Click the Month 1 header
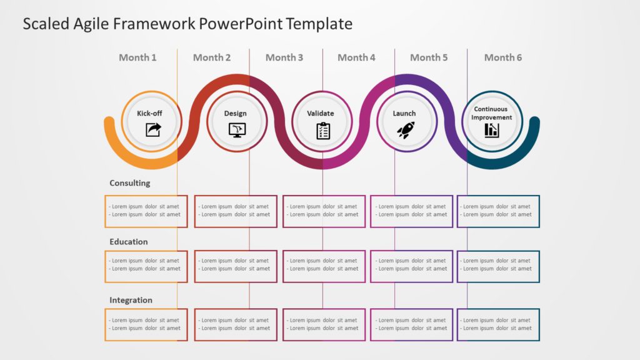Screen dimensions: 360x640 tap(137, 57)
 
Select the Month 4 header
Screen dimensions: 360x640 tap(356, 57)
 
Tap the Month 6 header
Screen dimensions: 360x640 tap(502, 57)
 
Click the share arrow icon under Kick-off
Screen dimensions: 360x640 tap(153, 129)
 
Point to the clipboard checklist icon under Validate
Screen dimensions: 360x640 tap(323, 130)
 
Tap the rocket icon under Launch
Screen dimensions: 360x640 tap(406, 129)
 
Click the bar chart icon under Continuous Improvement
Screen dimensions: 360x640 tap(492, 130)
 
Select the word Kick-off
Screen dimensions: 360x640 tap(149, 114)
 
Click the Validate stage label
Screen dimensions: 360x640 tap(321, 114)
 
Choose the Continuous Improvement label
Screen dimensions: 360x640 tap(491, 113)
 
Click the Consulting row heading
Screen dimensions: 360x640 tap(130, 183)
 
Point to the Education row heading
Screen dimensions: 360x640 tap(129, 242)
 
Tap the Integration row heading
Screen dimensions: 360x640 tap(131, 300)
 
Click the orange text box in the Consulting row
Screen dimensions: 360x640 tap(146, 211)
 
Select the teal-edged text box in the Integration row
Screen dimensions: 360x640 tap(498, 324)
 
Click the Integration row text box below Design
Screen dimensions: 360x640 tap(236, 324)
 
